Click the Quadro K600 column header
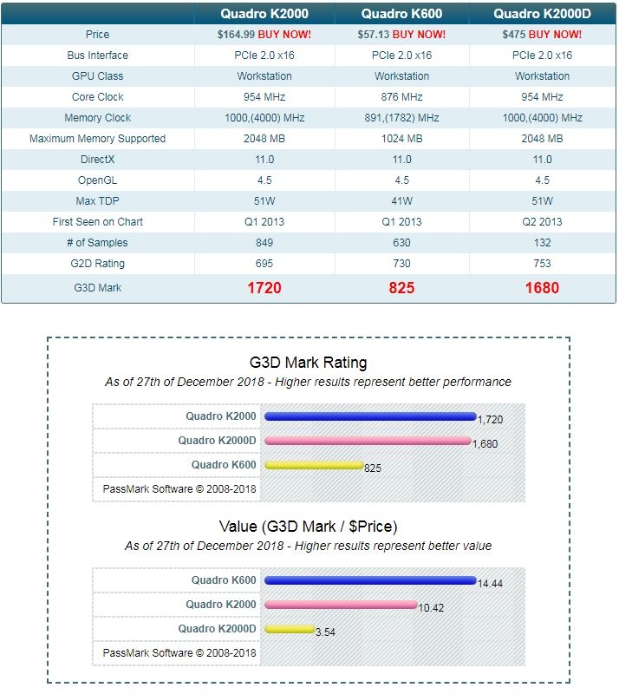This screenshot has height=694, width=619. pos(401,13)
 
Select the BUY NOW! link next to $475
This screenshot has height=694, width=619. pos(555,35)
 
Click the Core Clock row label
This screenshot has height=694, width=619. pos(98,97)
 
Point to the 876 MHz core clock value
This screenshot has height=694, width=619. pos(401,97)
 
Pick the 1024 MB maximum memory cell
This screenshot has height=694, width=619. pos(401,139)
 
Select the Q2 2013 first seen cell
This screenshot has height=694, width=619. pos(542,222)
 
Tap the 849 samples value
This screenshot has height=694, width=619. pos(264,243)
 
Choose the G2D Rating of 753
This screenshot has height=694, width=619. pos(542,264)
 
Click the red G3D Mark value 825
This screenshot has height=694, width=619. pos(401,288)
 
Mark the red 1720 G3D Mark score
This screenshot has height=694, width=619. pos(264,288)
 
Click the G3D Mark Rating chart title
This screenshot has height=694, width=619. pos(308,363)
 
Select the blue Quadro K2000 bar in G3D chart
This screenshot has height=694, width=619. pos(370,416)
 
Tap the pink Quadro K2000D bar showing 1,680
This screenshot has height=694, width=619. pos(367,441)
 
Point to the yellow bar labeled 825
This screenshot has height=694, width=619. pos(313,465)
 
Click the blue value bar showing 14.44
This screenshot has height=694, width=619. pos(370,580)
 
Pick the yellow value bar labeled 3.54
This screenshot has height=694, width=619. pos(290,629)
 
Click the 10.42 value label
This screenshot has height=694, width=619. pos(431,608)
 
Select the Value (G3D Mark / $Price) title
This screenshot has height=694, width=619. pos(308,527)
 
